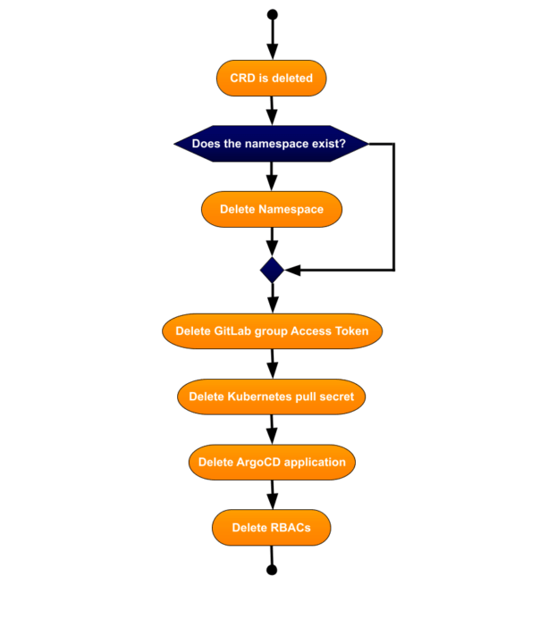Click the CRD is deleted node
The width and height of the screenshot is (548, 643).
271,79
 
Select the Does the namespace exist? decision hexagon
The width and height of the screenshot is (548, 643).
271,143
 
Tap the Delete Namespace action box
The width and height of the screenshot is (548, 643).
271,210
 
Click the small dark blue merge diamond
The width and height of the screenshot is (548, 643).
272,269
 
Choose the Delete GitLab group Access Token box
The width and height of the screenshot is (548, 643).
272,330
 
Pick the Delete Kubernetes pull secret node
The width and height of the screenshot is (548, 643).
271,397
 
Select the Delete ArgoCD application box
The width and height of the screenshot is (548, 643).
272,463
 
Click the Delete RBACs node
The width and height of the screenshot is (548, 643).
271,528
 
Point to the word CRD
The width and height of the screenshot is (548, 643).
242,79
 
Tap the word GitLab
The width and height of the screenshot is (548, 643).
233,330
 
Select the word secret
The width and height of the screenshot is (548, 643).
335,397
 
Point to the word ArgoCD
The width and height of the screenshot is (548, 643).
257,463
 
